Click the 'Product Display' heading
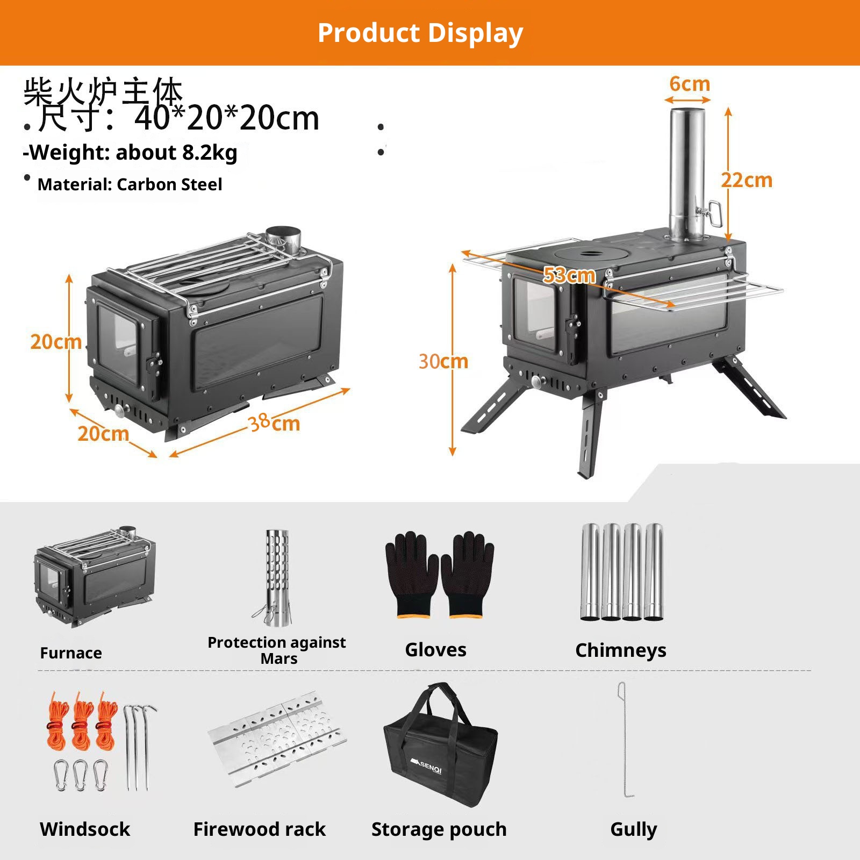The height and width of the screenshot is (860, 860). (420, 33)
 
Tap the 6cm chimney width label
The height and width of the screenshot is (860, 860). (690, 84)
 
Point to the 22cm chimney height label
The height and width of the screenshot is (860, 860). (747, 180)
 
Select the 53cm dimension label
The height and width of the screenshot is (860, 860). (569, 275)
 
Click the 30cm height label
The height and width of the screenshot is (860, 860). (443, 361)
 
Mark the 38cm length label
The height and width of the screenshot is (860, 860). (275, 423)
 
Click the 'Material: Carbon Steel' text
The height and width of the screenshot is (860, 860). (130, 184)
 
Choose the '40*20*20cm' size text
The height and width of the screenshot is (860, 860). (227, 118)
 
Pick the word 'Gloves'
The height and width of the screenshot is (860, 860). (435, 650)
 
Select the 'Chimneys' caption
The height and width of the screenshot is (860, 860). (621, 650)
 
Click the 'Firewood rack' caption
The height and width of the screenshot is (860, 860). (259, 829)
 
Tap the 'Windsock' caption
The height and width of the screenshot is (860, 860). (85, 829)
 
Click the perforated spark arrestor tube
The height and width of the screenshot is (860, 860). (277, 577)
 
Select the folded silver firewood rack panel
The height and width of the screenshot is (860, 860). (277, 740)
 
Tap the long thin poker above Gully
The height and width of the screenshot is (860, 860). (624, 740)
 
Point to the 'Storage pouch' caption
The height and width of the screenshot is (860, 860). (439, 829)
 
